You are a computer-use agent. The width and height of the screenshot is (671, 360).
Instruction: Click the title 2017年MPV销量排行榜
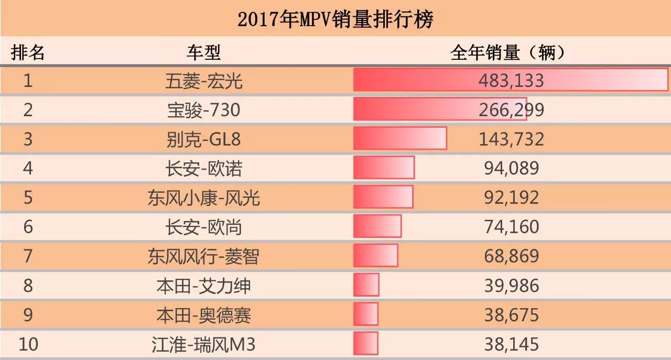click(x=335, y=19)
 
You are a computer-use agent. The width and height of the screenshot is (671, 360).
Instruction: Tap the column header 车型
click(x=204, y=52)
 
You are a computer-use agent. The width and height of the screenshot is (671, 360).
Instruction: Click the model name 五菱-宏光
click(x=204, y=81)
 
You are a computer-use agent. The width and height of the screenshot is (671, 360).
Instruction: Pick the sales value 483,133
click(x=511, y=81)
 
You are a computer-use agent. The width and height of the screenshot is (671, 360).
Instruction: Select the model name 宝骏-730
click(x=204, y=110)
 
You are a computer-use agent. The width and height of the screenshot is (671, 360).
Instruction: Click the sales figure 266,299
click(x=511, y=110)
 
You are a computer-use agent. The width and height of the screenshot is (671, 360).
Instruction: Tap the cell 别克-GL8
click(x=204, y=139)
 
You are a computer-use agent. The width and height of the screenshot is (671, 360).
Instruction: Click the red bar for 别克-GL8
click(x=400, y=138)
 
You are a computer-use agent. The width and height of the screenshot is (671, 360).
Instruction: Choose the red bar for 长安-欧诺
click(x=384, y=168)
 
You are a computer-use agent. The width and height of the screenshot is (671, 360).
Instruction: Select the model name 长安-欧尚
click(x=204, y=227)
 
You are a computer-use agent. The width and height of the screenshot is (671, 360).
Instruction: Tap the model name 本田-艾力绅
click(x=204, y=286)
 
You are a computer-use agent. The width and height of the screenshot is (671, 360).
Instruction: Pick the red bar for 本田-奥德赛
click(x=366, y=314)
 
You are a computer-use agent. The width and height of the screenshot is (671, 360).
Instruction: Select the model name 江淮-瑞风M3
click(x=204, y=344)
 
